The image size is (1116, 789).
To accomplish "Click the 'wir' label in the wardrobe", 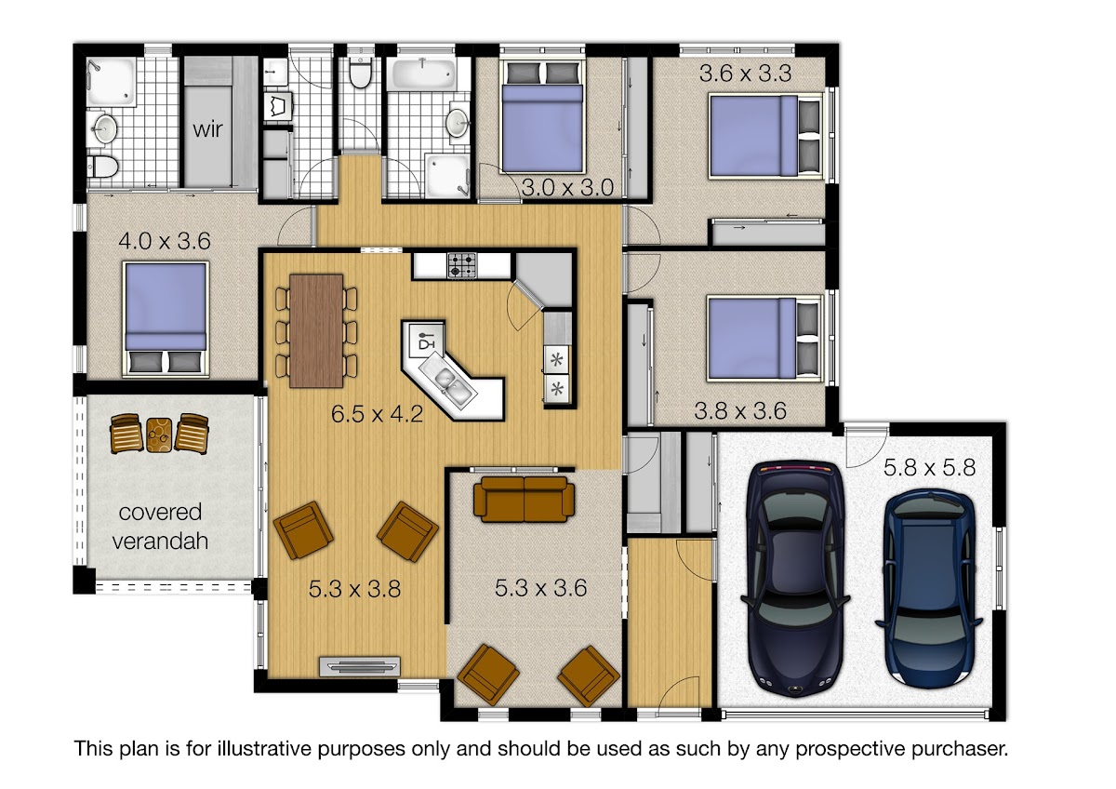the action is click(207, 129).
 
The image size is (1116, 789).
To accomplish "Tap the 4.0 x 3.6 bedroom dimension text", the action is click(165, 241).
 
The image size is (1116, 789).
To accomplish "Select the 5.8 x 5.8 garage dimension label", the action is click(930, 467).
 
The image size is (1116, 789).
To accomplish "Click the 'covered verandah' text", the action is click(160, 527).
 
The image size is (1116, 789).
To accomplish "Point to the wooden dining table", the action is click(316, 330).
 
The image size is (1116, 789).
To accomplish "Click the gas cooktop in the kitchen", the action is click(462, 265).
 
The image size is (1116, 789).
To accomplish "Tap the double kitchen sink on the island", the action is click(448, 381).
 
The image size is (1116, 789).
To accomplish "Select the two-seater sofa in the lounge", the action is click(524, 499).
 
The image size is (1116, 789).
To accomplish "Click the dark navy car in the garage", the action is click(795, 578).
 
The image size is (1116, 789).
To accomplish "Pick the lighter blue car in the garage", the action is click(930, 589).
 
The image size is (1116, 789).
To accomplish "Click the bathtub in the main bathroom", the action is click(423, 74).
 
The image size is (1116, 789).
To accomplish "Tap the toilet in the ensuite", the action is click(102, 167).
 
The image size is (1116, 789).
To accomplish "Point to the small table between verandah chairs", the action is click(159, 435).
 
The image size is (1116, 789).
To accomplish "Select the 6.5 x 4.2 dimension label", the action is click(378, 414).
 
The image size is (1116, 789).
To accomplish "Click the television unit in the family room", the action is click(359, 666).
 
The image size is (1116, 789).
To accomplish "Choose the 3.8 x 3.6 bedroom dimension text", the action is click(740, 411).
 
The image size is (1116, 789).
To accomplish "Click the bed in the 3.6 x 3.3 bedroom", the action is click(765, 136).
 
